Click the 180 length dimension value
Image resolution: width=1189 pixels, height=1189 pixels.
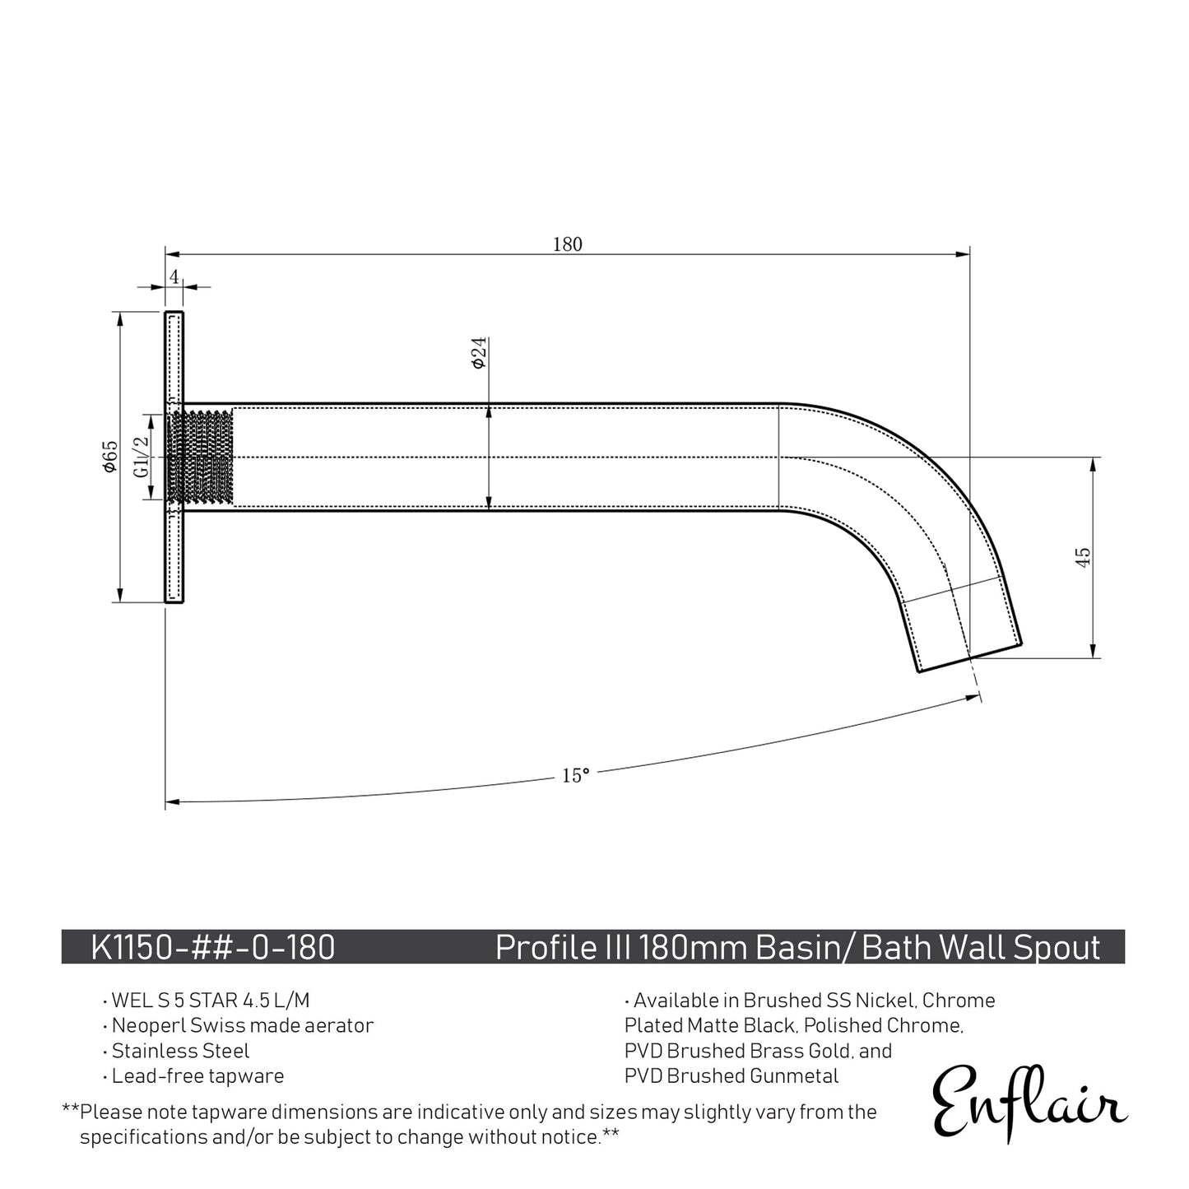[567, 244]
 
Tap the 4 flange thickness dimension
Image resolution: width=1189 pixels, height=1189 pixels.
[174, 276]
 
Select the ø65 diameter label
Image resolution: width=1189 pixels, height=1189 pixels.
[110, 456]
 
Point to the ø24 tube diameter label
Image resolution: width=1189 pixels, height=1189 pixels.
[479, 352]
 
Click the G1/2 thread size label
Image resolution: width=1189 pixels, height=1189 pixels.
[142, 457]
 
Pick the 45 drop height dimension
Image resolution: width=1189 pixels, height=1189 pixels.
[1083, 557]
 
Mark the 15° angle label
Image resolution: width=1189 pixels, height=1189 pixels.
[575, 775]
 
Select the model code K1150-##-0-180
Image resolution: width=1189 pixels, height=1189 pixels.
[213, 947]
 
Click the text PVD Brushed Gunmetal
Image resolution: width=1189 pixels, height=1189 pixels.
[732, 1075]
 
